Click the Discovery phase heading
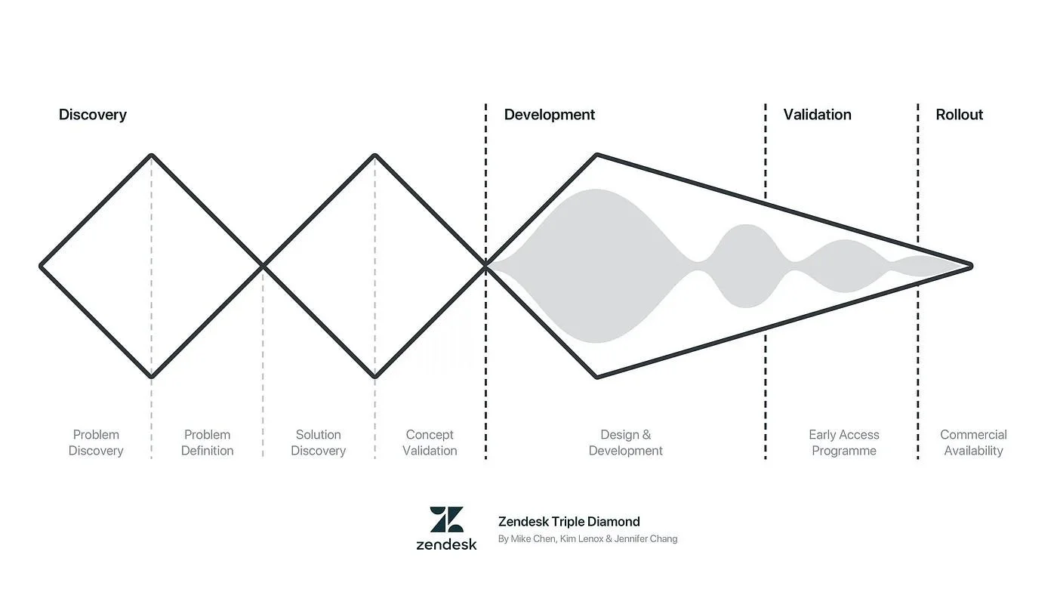(x=93, y=115)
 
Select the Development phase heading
(x=550, y=115)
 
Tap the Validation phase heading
(x=817, y=115)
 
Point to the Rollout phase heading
(x=960, y=115)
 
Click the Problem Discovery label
(x=96, y=442)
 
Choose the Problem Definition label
(x=208, y=442)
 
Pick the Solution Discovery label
(x=319, y=442)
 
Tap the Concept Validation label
(x=430, y=442)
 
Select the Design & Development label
(x=626, y=442)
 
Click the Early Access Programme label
(x=844, y=442)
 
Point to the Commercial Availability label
(x=973, y=442)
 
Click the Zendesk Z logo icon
(x=447, y=519)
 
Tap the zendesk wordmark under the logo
(x=447, y=544)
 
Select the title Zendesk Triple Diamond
(x=569, y=521)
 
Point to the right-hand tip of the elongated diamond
(x=970, y=266)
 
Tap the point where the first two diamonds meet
(x=263, y=266)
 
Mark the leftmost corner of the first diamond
(x=42, y=266)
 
